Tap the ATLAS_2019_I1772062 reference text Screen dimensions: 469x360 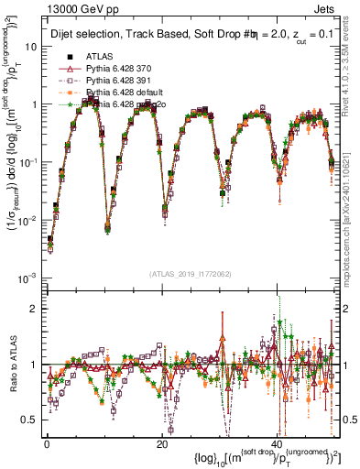point(190,274)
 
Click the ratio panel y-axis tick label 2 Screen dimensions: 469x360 point(32,308)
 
